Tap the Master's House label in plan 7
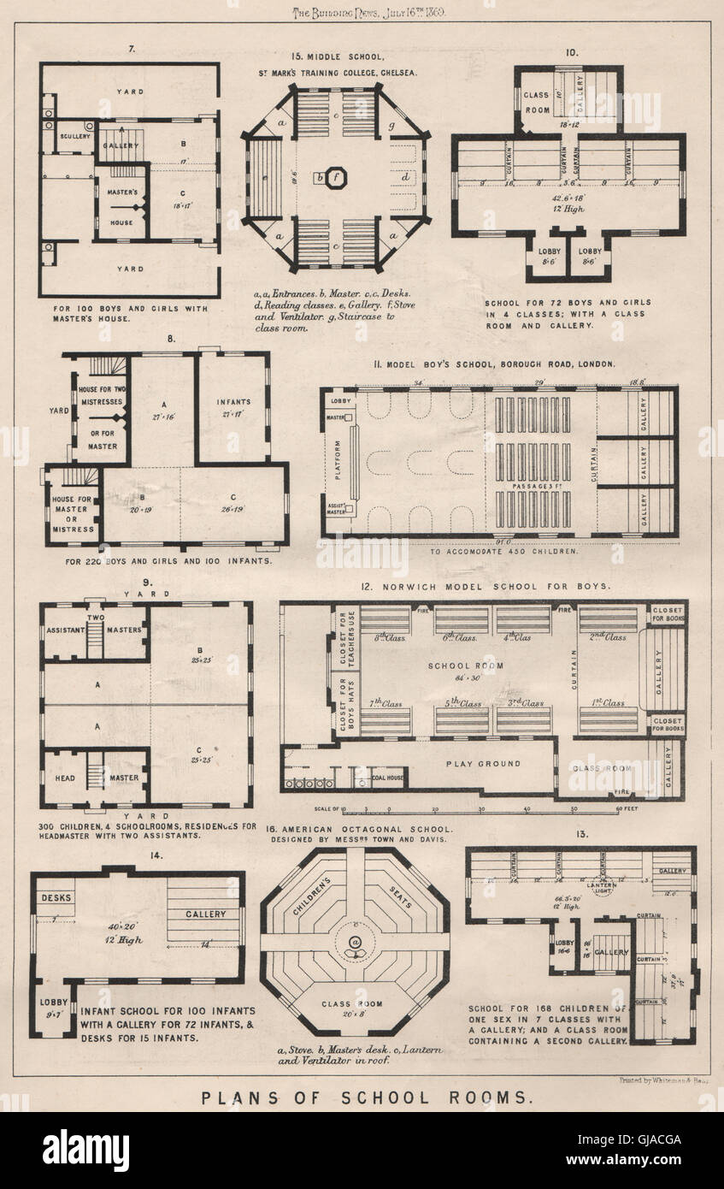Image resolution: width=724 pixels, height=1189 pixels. pos(121,204)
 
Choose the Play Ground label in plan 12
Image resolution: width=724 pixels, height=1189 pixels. pos(482,763)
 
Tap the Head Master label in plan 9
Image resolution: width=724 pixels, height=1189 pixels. pos(96,778)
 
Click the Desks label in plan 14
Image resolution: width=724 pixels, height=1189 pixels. pos(56,897)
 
